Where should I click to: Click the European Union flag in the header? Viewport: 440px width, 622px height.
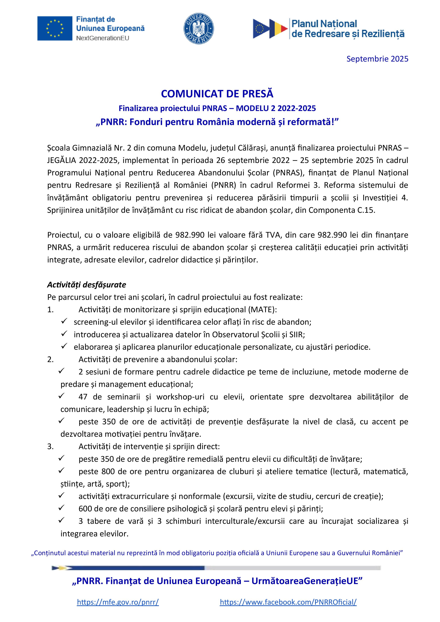point(55,28)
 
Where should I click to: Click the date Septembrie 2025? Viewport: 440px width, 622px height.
point(377,59)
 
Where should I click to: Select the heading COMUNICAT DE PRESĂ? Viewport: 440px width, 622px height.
point(217,94)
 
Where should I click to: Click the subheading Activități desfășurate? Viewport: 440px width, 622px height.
point(86,285)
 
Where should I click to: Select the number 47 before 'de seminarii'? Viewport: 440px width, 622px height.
point(83,397)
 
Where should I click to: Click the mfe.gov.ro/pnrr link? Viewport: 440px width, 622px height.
point(118,602)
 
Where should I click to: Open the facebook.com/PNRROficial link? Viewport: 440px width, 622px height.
point(288,602)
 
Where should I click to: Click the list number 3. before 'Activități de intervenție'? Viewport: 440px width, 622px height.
point(50,446)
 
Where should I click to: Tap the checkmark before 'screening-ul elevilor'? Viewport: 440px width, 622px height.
point(64,321)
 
